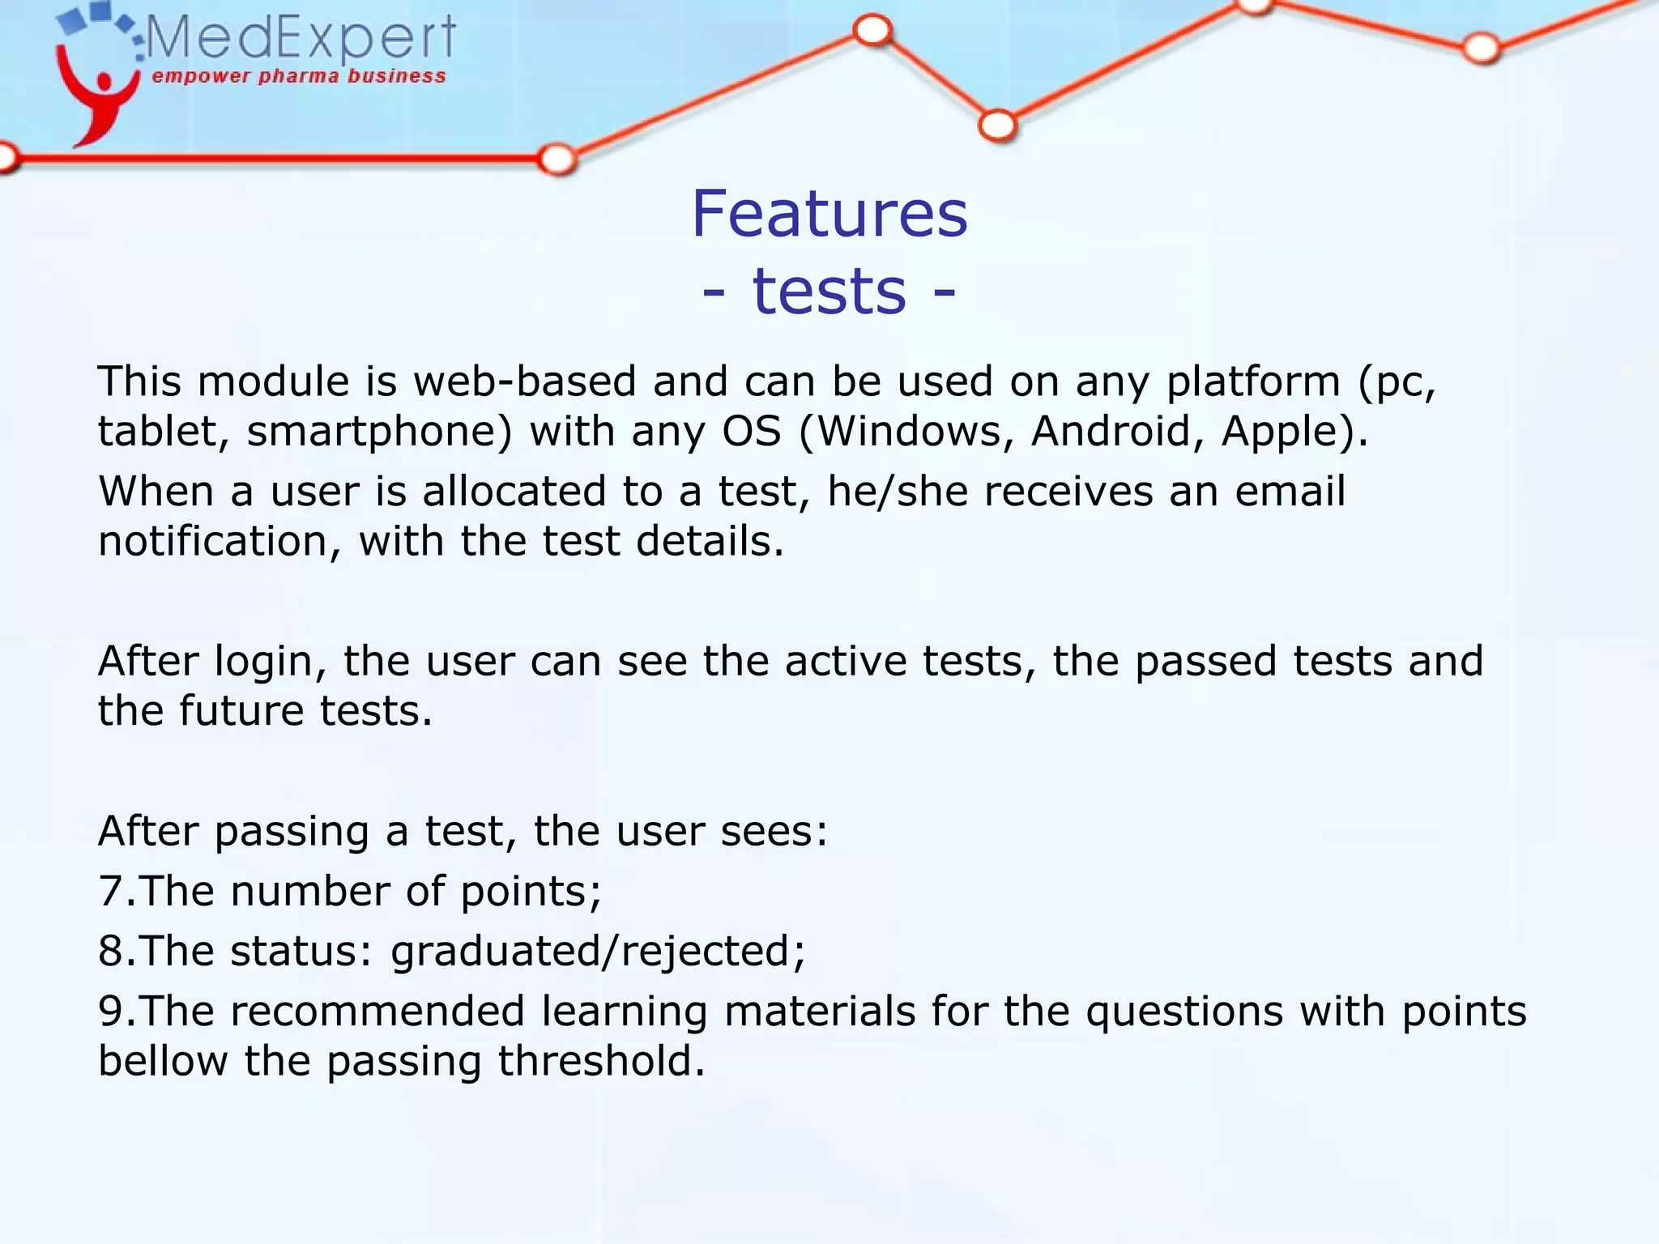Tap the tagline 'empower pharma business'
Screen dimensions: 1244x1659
[x=299, y=77]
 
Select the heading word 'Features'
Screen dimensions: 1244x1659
[x=829, y=214]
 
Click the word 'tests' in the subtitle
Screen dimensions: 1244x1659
[x=829, y=292]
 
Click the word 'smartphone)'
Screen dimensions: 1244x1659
[x=380, y=431]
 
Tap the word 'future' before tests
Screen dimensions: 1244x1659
[x=241, y=711]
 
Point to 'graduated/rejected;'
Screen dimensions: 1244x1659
[x=599, y=952]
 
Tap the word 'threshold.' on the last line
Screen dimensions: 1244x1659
[x=601, y=1062]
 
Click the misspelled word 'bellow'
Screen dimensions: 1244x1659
[x=163, y=1062]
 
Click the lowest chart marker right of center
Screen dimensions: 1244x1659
[x=997, y=126]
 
